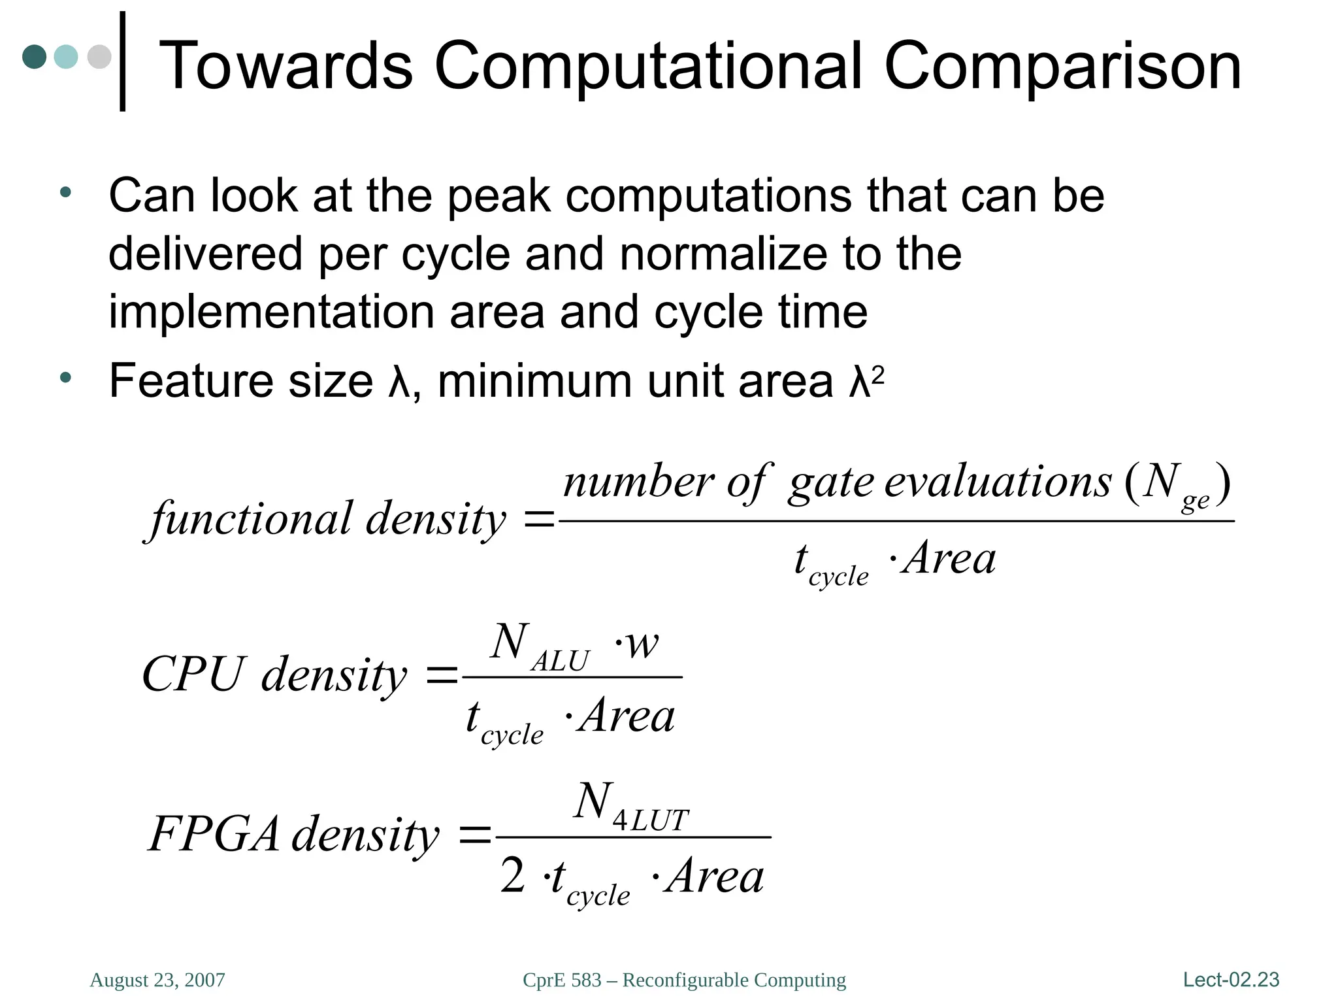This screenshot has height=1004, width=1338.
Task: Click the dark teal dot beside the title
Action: pyautogui.click(x=35, y=56)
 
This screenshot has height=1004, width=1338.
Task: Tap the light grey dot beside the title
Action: pyautogui.click(x=99, y=56)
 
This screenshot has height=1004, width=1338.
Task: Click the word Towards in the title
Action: pyautogui.click(x=286, y=65)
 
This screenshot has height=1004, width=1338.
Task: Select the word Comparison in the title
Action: pyautogui.click(x=1062, y=67)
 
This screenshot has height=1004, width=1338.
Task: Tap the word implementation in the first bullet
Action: pyautogui.click(x=270, y=312)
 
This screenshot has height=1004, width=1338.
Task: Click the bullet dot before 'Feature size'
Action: pyautogui.click(x=65, y=377)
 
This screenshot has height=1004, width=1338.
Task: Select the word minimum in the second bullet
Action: pyautogui.click(x=535, y=381)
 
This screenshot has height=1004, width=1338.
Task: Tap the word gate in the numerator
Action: pyautogui.click(x=830, y=483)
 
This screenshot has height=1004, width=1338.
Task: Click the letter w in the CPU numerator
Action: pyautogui.click(x=642, y=644)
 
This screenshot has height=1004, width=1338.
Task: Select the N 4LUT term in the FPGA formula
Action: pyautogui.click(x=630, y=805)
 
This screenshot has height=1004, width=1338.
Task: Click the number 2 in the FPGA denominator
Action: pyautogui.click(x=513, y=876)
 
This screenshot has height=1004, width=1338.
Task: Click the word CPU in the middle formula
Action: pyautogui.click(x=193, y=675)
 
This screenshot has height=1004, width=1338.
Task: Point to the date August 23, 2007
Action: pyautogui.click(x=157, y=980)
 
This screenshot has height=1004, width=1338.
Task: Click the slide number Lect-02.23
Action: pyautogui.click(x=1231, y=979)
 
